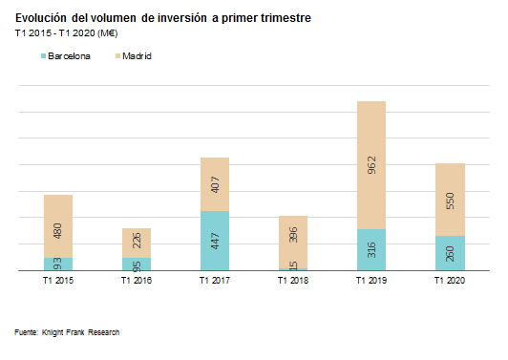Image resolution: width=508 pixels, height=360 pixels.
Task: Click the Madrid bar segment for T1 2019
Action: tap(371, 164)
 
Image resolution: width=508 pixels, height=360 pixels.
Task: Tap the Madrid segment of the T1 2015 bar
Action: tap(58, 225)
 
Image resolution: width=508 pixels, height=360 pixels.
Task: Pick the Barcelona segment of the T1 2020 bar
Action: tap(450, 253)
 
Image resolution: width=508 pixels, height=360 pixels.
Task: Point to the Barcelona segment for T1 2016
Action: tap(137, 264)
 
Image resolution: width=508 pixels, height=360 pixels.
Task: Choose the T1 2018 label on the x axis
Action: tap(293, 282)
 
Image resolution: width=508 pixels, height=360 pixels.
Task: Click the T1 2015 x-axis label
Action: tap(58, 282)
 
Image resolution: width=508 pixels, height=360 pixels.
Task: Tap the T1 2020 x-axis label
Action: tap(450, 282)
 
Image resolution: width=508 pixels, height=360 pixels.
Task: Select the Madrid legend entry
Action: tap(133, 56)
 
